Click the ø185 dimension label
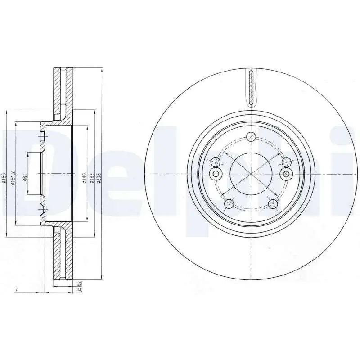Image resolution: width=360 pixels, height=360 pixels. pyautogui.click(x=4, y=179)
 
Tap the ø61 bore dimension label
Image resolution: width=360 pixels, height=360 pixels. pyautogui.click(x=26, y=177)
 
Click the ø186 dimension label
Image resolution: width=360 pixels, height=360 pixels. pyautogui.click(x=92, y=178)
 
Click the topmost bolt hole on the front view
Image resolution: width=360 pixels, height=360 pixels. pyautogui.click(x=252, y=137)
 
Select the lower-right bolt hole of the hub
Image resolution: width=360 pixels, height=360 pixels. pyautogui.click(x=273, y=204)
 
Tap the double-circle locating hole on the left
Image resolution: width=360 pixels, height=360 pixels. pyautogui.click(x=216, y=174)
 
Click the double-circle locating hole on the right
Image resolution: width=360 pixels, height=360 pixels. pyautogui.click(x=285, y=174)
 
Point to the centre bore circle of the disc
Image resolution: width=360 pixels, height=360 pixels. pyautogui.click(x=251, y=174)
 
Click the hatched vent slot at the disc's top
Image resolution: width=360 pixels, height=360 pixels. pyautogui.click(x=251, y=86)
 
